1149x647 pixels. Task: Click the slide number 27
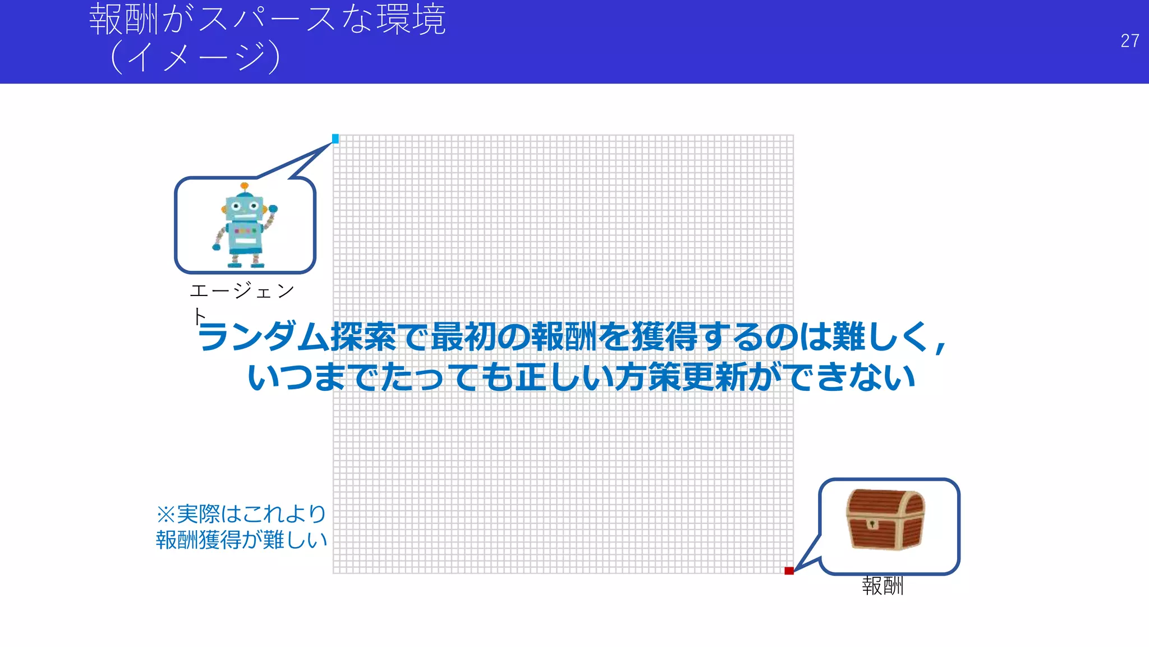coord(1129,40)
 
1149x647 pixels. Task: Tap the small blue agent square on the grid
coord(335,139)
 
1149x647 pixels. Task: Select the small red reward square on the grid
coord(789,571)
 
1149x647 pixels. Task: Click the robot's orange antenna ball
coord(244,186)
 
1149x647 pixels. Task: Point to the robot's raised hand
coord(273,209)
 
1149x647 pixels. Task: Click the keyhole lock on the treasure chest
coord(872,524)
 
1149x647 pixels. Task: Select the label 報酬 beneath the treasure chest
coord(883,586)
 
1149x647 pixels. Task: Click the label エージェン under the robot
coord(242,291)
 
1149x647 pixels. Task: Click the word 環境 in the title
coord(411,20)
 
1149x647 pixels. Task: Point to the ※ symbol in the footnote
coord(166,514)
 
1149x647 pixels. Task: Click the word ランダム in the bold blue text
coord(263,337)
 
